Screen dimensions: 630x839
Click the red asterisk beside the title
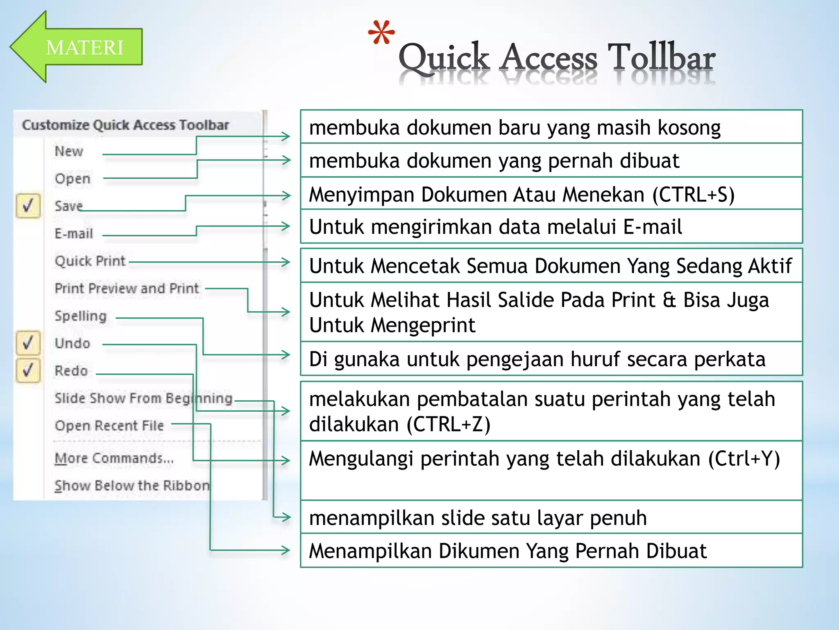pos(381,33)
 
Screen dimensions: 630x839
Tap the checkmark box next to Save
pos(28,205)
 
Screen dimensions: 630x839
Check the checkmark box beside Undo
pos(28,343)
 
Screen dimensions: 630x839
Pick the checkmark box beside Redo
pos(28,370)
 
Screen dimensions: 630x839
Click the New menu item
pos(69,151)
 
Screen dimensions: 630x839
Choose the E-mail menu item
pos(74,234)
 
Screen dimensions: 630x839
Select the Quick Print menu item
pos(90,261)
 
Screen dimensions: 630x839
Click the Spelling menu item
pos(81,316)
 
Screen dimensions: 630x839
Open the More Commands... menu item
pos(114,458)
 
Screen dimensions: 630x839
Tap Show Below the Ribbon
pos(132,486)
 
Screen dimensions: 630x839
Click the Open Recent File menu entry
pos(109,426)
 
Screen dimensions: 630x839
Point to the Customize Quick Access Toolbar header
pos(125,125)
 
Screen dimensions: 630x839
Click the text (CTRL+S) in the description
pos(693,194)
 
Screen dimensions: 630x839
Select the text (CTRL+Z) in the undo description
pos(449,424)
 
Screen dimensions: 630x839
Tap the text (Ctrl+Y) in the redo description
pos(744,459)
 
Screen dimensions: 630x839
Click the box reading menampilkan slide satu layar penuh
pos(551,517)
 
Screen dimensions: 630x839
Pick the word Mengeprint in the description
pos(423,325)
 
